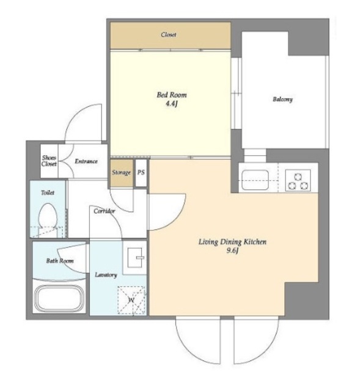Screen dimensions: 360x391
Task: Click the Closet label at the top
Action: pyautogui.click(x=169, y=34)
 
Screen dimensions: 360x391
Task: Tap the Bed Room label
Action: pyautogui.click(x=172, y=95)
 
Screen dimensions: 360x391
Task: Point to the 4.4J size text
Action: pyautogui.click(x=172, y=104)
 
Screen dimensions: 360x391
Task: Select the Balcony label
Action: pyautogui.click(x=282, y=99)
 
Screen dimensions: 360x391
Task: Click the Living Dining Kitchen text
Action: pyautogui.click(x=232, y=242)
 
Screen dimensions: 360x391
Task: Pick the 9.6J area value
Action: pyautogui.click(x=232, y=250)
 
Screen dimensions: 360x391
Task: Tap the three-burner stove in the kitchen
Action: pyautogui.click(x=298, y=181)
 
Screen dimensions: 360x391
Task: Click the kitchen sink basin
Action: pyautogui.click(x=255, y=180)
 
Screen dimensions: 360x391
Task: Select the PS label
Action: pyautogui.click(x=141, y=172)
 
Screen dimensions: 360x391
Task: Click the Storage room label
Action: pyautogui.click(x=121, y=172)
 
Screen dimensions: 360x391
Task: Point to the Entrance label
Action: pyautogui.click(x=86, y=161)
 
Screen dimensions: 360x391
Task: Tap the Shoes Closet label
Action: pyautogui.click(x=49, y=161)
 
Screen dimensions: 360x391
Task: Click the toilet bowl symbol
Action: pyautogui.click(x=48, y=216)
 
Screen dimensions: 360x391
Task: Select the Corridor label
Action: pyautogui.click(x=105, y=211)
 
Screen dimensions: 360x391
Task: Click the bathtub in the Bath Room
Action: pyautogui.click(x=59, y=298)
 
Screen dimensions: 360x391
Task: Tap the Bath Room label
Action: pyautogui.click(x=60, y=261)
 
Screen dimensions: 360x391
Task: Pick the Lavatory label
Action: pyautogui.click(x=106, y=275)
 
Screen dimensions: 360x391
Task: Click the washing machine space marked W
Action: pyautogui.click(x=131, y=300)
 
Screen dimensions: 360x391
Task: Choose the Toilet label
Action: pyautogui.click(x=48, y=192)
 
